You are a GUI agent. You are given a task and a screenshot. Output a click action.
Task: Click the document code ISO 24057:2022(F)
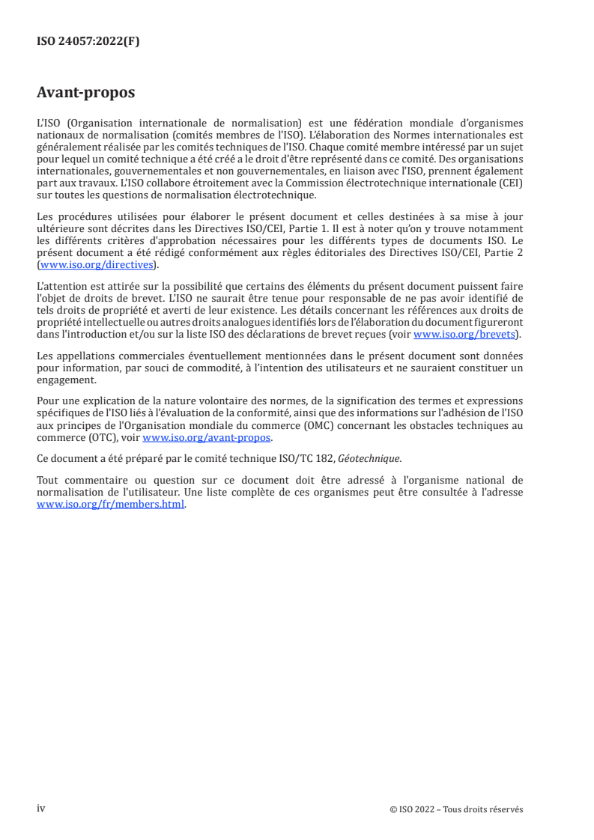coord(88,42)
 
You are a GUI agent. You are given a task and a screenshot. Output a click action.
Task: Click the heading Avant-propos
coord(85,93)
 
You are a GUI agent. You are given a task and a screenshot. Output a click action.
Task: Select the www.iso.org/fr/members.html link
coord(110,504)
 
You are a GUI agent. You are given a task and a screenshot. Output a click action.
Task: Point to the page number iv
coord(41,809)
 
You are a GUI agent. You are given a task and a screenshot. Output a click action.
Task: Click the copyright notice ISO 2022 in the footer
coord(456,809)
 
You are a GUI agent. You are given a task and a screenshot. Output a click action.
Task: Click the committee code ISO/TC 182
coord(307,458)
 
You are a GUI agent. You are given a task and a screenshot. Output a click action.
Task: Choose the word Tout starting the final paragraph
coord(48,479)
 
